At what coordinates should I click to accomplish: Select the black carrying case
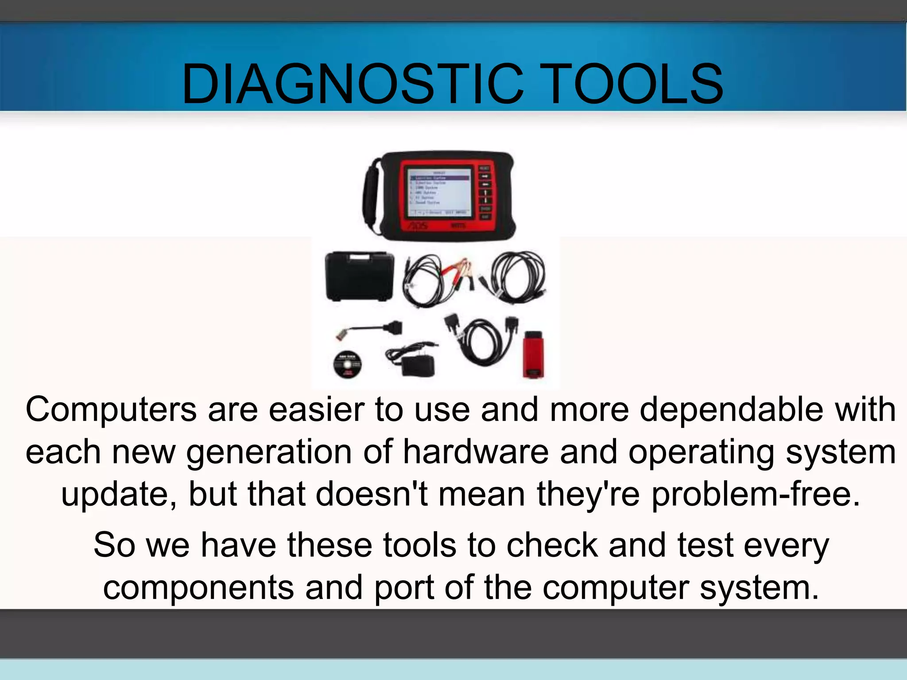pos(359,277)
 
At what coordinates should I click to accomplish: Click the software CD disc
pos(347,364)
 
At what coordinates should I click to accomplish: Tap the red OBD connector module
pos(533,354)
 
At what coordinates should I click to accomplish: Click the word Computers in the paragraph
pos(111,410)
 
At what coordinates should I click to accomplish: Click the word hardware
pos(476,452)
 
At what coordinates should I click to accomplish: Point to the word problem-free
pos(756,495)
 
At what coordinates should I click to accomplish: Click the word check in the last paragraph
pos(552,545)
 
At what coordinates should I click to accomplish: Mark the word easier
pos(317,410)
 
